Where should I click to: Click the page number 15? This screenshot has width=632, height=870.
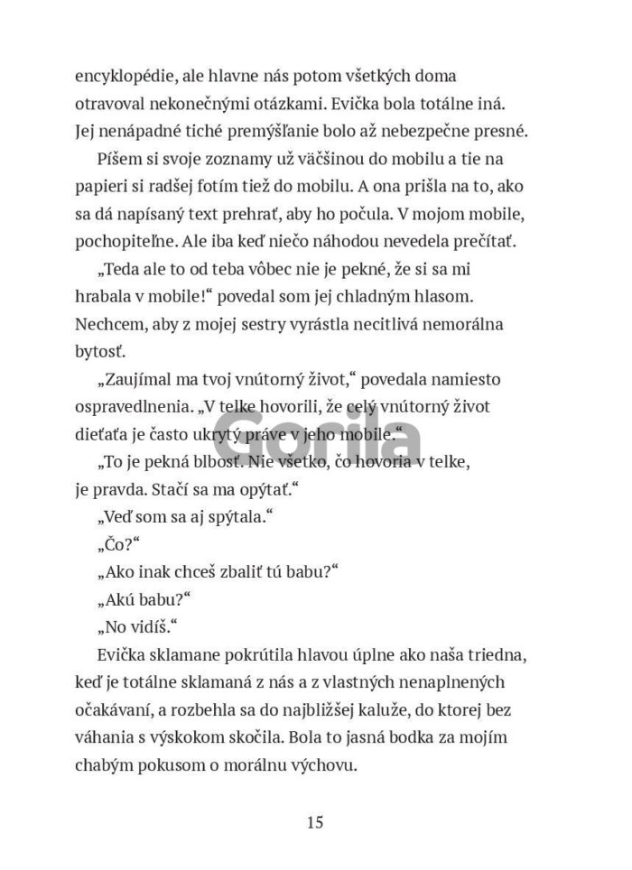pyautogui.click(x=315, y=822)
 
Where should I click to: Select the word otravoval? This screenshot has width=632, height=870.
pyautogui.click(x=107, y=104)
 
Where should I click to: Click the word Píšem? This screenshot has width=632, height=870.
pyautogui.click(x=116, y=159)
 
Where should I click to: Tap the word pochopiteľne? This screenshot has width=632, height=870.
pyautogui.click(x=129, y=241)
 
